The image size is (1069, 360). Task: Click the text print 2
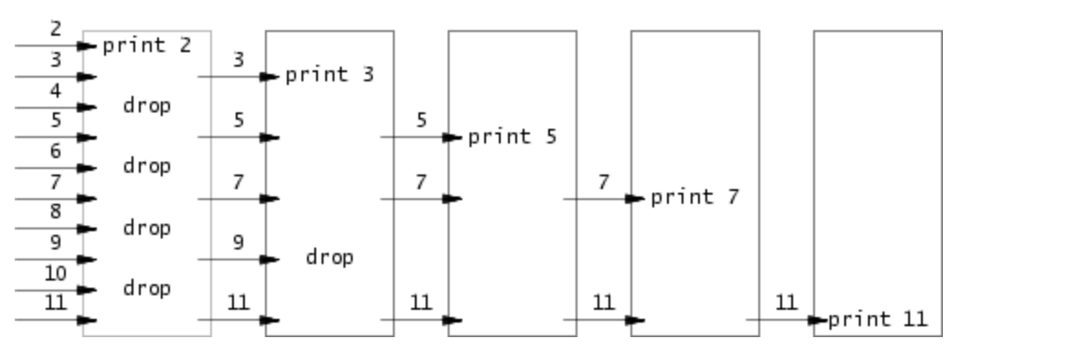[x=147, y=45]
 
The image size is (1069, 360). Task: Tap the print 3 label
[x=330, y=75]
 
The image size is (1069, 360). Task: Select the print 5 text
[x=513, y=137]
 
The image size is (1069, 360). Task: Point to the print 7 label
[x=695, y=197]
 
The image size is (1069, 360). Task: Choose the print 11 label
[x=878, y=320]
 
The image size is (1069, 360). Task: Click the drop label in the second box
[x=330, y=258]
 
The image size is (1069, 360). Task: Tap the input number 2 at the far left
[x=56, y=28]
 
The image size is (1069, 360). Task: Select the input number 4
[x=56, y=90]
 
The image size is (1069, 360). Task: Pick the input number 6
[x=56, y=152]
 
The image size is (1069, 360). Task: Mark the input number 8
[x=56, y=212]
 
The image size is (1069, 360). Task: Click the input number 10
[x=56, y=273]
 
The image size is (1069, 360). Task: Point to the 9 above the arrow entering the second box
[x=238, y=243]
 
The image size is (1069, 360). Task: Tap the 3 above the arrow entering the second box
[x=238, y=60]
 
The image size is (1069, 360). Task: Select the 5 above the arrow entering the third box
[x=421, y=121]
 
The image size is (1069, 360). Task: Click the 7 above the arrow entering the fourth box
[x=604, y=182]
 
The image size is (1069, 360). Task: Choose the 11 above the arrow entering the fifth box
[x=787, y=303]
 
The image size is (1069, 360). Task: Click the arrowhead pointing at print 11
[x=819, y=321]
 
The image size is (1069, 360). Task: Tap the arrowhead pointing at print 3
[x=270, y=77]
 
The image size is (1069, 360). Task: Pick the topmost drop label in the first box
[x=147, y=106]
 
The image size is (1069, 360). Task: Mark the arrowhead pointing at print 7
[x=636, y=198]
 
